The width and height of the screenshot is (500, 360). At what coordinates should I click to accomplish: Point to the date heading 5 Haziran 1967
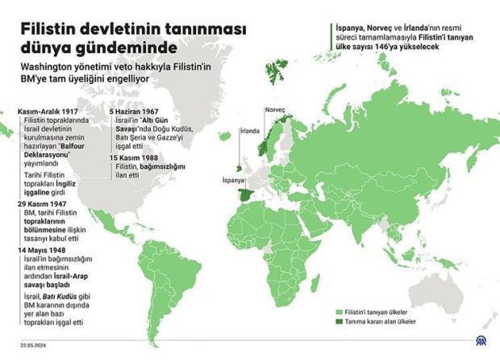[134, 110]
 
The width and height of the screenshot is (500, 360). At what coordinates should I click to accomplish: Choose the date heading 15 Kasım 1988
[134, 157]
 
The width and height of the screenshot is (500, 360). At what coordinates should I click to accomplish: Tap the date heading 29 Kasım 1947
[43, 204]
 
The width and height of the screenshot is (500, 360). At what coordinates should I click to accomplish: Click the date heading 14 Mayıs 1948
[42, 250]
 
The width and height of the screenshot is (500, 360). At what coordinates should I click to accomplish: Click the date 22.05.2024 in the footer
[35, 341]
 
